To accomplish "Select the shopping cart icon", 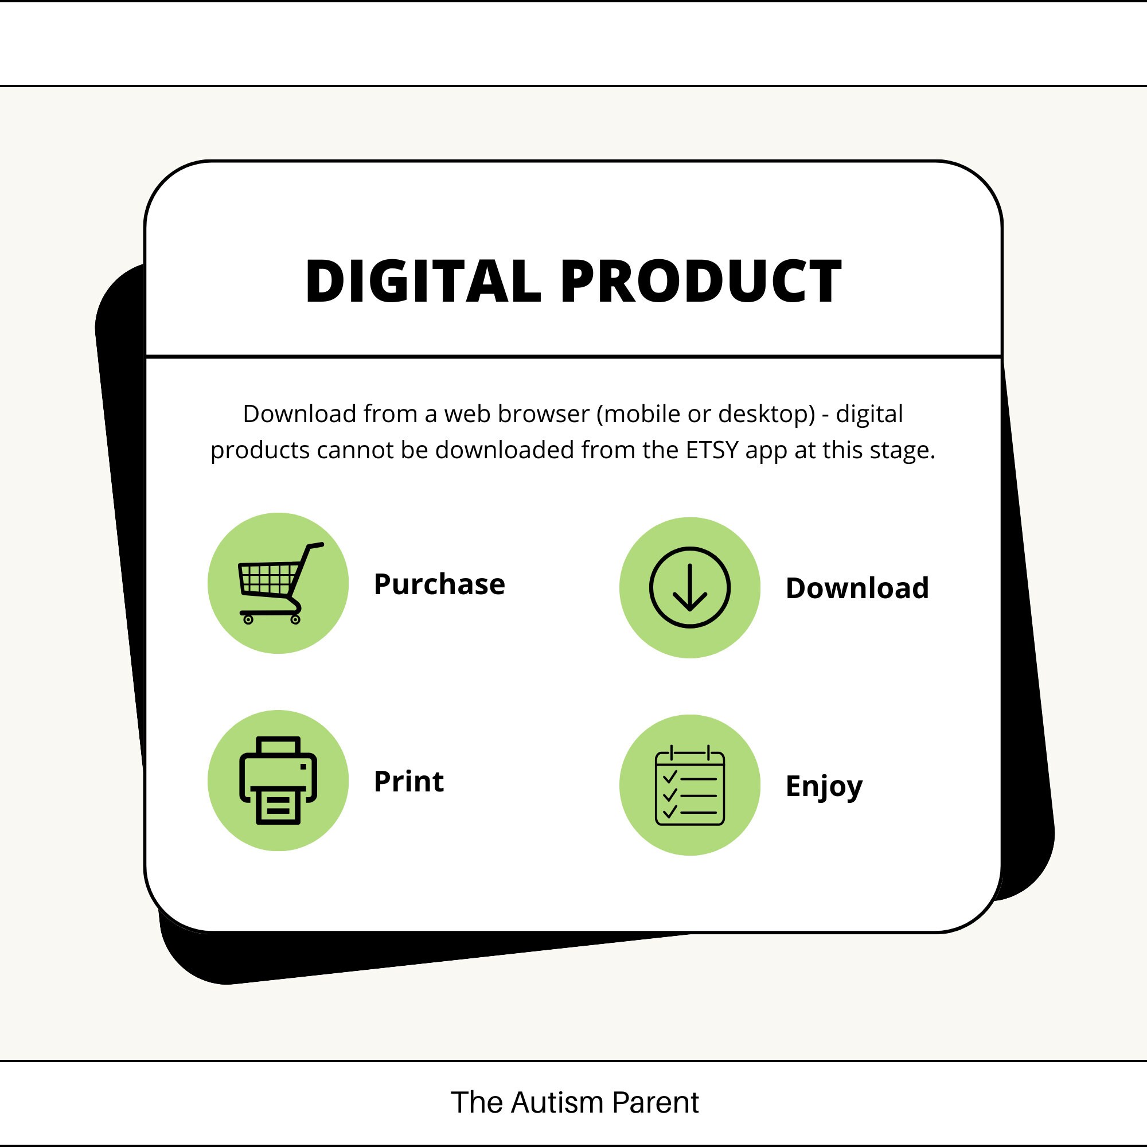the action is click(x=281, y=583).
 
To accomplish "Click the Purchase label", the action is click(x=439, y=584).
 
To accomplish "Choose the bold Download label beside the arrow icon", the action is click(x=857, y=588).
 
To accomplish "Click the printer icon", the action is click(x=278, y=781).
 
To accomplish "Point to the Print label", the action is click(x=409, y=781).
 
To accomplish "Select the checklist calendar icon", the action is click(x=690, y=786).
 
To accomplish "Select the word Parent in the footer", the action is click(x=656, y=1102).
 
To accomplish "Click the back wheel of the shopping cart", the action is click(x=248, y=620).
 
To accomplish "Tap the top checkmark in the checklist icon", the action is click(x=670, y=777).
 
